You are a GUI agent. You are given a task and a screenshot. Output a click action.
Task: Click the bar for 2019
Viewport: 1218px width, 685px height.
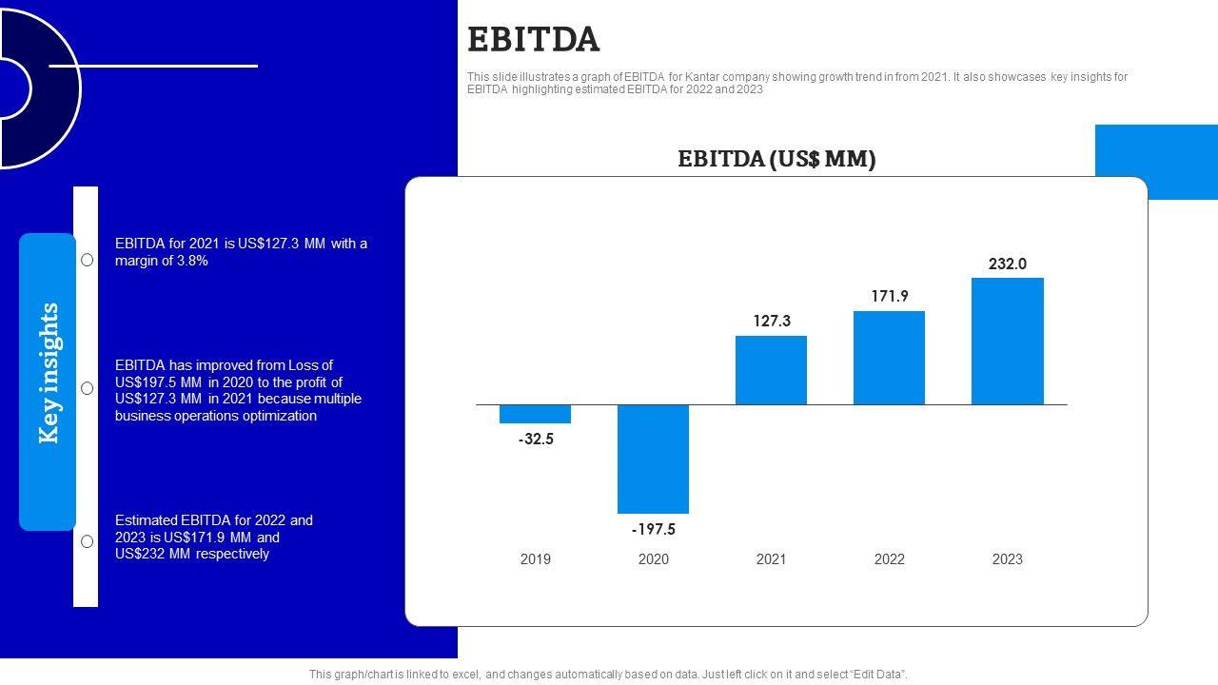535,414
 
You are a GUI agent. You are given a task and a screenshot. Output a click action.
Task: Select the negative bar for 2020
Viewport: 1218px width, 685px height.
653,459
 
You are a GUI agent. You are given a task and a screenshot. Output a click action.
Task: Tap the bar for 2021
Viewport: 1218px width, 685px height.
771,370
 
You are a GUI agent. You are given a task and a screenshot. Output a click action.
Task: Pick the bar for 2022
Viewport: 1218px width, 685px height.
889,358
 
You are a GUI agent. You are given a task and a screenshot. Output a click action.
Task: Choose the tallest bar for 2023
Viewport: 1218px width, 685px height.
1007,341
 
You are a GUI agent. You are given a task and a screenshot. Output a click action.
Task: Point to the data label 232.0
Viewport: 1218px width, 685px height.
1007,264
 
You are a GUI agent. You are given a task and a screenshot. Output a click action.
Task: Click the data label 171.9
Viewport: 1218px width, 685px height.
889,297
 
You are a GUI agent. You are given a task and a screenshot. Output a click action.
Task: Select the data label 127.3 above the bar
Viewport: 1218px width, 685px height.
771,322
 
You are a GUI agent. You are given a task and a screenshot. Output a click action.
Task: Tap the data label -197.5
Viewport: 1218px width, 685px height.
653,530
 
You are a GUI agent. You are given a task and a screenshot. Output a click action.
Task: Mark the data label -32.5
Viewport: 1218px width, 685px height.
536,440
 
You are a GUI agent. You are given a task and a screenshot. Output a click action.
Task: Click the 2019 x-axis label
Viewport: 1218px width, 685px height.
535,559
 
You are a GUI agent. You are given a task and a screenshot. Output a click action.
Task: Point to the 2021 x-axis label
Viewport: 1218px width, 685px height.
771,559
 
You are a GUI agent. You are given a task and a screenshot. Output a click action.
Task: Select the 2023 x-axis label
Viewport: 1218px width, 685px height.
1007,559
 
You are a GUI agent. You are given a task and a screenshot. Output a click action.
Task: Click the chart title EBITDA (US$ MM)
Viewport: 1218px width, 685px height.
776,159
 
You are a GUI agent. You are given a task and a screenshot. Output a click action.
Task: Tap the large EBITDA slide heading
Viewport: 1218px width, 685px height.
534,40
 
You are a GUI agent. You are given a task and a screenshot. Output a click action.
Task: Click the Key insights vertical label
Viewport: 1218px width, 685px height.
49,373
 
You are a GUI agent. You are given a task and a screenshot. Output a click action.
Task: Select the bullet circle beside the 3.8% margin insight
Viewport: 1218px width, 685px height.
87,260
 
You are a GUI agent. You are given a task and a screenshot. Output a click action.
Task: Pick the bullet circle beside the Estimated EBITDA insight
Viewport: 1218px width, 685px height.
87,541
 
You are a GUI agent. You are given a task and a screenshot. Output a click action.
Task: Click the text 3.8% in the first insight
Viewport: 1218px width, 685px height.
192,261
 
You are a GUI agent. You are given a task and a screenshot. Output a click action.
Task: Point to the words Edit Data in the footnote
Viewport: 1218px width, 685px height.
874,675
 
